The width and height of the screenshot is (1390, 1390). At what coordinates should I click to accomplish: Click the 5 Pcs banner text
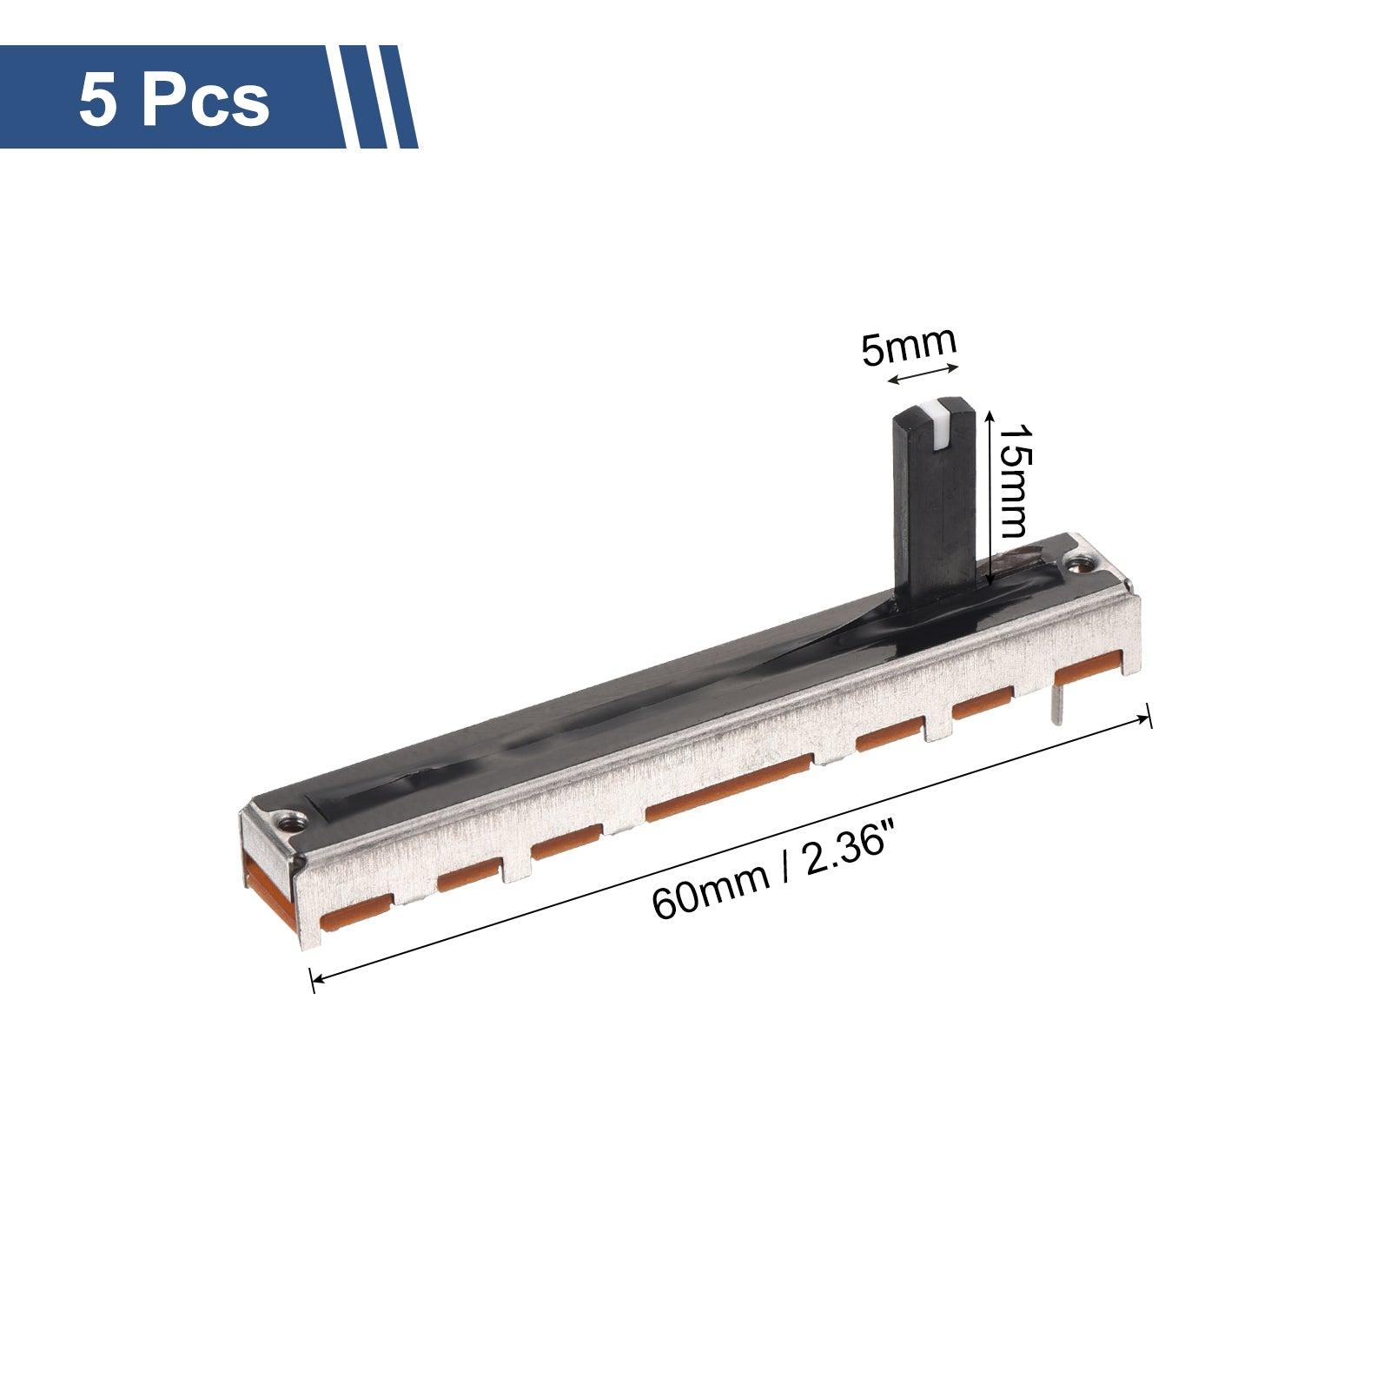174,102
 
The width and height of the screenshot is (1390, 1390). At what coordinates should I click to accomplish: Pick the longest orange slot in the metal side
728,787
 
